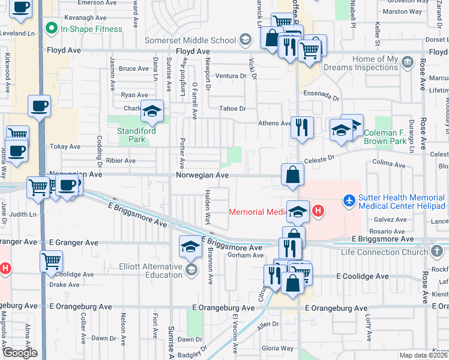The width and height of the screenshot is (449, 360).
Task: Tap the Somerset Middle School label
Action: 191,40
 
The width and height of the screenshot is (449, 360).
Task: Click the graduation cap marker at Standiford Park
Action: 152,111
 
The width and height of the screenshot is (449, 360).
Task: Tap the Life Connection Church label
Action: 382,252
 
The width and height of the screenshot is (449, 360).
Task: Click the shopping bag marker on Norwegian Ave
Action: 292,175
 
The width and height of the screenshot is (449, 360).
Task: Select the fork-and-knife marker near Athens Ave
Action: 301,127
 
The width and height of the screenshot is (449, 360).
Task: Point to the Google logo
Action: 19,353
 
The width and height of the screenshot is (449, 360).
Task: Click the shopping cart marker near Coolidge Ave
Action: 51,261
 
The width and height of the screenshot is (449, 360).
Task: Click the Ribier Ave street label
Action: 120,161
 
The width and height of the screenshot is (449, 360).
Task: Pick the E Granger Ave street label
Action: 74,243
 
